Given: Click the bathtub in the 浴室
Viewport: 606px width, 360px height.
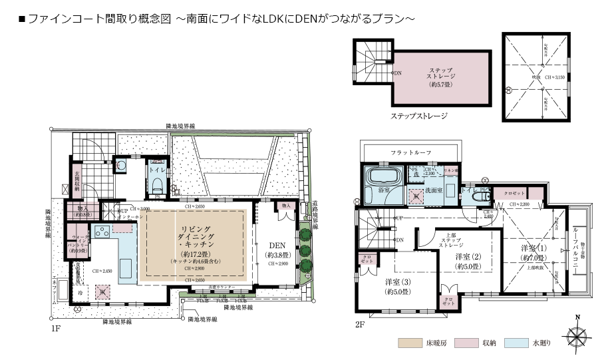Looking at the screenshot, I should pos(382,178).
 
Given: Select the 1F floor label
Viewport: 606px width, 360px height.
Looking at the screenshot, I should pos(55,329).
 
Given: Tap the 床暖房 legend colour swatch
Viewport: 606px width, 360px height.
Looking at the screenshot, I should pos(406,343).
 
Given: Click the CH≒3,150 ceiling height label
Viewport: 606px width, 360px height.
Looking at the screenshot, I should pos(555,78).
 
